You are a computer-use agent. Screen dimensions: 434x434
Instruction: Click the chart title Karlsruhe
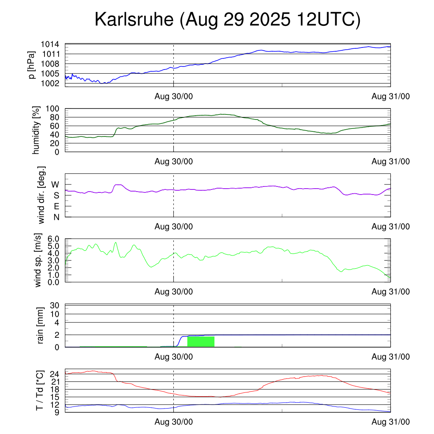tap(227, 20)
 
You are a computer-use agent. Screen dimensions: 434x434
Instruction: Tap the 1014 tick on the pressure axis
tap(50, 44)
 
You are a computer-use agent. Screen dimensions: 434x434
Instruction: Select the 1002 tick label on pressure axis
tap(50, 83)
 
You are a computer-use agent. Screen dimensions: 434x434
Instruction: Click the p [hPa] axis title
tap(32, 65)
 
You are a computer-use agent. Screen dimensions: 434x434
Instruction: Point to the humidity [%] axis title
tap(36, 130)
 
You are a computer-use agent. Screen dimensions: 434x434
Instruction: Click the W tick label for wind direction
tap(55, 184)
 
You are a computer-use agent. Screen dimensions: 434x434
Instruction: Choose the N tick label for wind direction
tap(56, 217)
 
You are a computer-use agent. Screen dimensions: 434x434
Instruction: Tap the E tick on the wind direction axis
tap(56, 206)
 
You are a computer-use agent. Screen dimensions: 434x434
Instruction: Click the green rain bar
tap(200, 342)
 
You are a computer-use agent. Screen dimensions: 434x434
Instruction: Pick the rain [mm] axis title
tap(41, 326)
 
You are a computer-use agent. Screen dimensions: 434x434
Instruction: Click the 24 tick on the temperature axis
tap(54, 374)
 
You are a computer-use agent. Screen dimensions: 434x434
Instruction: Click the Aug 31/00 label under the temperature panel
tap(390, 422)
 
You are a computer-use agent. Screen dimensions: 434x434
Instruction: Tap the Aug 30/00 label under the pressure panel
tap(173, 97)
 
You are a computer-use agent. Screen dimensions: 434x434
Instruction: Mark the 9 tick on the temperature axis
tap(56, 412)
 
